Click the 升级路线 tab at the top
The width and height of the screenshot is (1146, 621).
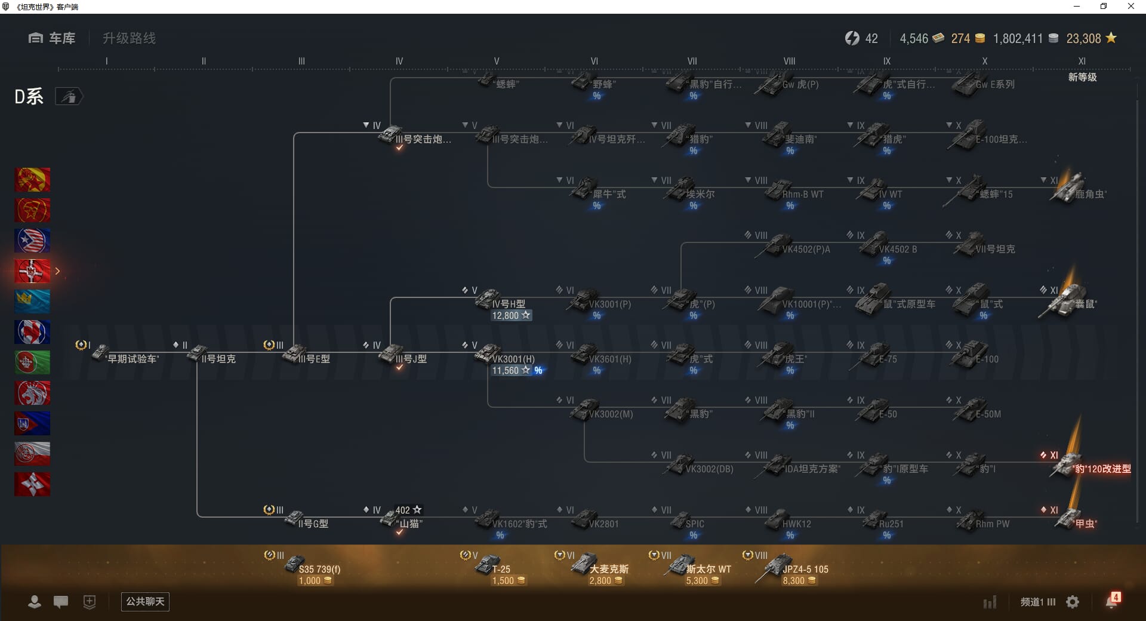[x=129, y=38]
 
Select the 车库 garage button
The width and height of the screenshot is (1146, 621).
[x=53, y=38]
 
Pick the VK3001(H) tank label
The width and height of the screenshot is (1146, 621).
[x=513, y=359]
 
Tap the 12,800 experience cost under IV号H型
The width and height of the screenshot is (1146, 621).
[x=506, y=315]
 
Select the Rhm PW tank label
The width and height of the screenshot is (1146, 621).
[x=993, y=524]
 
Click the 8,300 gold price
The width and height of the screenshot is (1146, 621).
[x=794, y=580]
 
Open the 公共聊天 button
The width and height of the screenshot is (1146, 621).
[x=145, y=601]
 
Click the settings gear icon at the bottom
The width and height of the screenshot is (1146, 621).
[x=1073, y=602]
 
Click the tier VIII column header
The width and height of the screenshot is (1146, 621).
[x=789, y=61]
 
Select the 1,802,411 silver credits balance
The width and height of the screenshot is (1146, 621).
[x=1018, y=38]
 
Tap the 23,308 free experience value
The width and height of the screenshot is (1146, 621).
[x=1083, y=38]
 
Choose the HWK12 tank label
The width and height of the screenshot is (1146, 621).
[x=797, y=524]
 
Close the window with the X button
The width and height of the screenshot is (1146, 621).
[x=1130, y=7]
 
